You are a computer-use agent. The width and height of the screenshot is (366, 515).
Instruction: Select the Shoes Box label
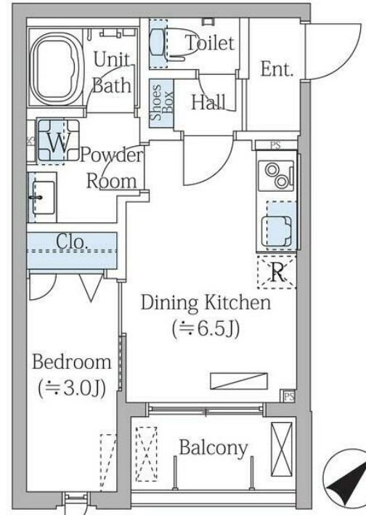161,103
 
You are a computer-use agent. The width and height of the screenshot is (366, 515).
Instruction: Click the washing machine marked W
58,141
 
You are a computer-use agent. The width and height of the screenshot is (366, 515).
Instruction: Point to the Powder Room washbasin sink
42,198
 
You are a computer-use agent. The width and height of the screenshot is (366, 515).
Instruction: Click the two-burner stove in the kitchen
276,176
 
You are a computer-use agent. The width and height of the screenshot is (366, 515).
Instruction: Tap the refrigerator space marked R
277,272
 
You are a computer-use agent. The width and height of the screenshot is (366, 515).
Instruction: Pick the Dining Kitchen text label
206,302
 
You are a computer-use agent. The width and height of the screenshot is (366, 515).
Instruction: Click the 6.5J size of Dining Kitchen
206,328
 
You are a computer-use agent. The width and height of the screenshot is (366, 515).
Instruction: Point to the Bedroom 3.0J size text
72,389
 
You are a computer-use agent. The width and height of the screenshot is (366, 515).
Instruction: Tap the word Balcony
213,448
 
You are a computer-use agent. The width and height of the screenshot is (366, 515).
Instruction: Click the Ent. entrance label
277,69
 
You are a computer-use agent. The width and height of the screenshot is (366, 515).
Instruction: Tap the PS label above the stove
276,145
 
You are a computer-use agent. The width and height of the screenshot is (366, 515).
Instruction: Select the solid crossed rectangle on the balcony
281,449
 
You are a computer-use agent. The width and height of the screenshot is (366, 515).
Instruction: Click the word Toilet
210,43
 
